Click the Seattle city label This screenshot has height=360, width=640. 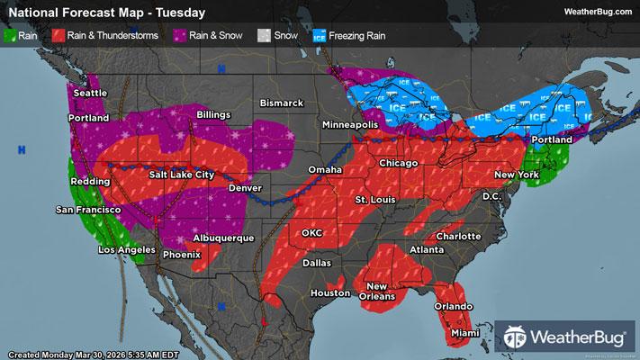coord(89,93)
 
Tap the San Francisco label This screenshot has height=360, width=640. coord(88,210)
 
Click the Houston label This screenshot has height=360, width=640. coord(329,293)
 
